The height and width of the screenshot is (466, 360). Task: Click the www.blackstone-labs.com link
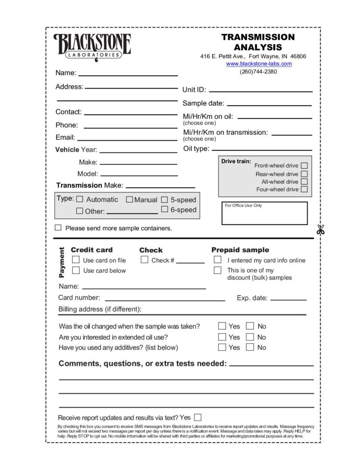(259, 64)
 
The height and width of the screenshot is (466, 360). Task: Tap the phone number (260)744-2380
(258, 72)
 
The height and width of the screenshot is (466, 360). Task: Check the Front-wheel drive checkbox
(304, 165)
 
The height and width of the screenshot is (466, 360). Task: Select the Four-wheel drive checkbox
(304, 189)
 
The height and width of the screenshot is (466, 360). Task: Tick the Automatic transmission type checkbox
(80, 199)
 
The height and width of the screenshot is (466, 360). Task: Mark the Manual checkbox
(129, 199)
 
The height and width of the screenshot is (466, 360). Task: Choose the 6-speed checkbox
(164, 209)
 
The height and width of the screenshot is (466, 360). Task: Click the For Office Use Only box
(264, 213)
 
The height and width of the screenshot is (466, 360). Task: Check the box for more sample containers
(58, 228)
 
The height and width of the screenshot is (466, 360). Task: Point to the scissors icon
(320, 229)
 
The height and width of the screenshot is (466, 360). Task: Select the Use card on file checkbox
(76, 260)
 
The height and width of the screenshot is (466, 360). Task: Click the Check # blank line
(190, 262)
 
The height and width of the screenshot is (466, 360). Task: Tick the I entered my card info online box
(217, 260)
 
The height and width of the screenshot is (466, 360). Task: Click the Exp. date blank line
(288, 299)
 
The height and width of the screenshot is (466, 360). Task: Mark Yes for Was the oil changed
(222, 326)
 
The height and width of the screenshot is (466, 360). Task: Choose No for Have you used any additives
(250, 347)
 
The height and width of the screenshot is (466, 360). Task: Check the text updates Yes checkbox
(198, 417)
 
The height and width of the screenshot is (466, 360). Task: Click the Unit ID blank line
(260, 90)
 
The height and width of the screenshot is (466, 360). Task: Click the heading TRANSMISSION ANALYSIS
(258, 42)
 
